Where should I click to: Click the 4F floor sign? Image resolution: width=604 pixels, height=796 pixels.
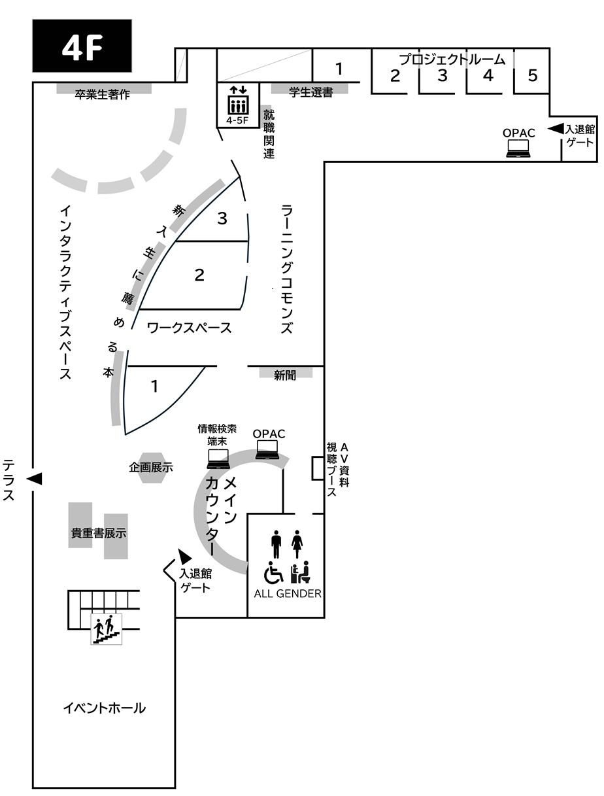[x=82, y=46]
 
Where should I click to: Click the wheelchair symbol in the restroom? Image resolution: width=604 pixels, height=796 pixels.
[x=273, y=572]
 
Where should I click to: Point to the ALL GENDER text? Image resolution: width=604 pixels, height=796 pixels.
[x=288, y=594]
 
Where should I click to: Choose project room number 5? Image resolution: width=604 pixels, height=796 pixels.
[x=532, y=75]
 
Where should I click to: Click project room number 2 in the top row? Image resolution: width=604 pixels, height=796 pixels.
[x=395, y=75]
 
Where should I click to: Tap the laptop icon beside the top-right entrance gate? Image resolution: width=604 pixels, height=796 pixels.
[x=518, y=148]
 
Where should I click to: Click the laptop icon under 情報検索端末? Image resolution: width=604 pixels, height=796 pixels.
[x=218, y=459]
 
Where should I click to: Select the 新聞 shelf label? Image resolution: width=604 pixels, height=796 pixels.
[x=285, y=375]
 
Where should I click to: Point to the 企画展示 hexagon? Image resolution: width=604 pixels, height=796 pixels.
[x=151, y=468]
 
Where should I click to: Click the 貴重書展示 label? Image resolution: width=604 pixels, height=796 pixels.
[x=99, y=533]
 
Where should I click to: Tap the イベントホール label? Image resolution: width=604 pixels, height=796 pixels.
[x=105, y=708]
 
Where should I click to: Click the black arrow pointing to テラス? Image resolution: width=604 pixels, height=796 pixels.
[x=35, y=479]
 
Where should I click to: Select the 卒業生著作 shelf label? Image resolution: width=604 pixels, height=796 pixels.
[x=103, y=95]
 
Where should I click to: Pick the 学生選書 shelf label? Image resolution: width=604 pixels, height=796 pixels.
[x=311, y=92]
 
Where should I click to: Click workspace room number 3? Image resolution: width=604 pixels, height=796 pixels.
[x=222, y=218]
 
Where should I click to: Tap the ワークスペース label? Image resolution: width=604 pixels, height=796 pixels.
[x=189, y=328]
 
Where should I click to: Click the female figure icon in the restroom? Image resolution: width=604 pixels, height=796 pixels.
[x=297, y=544]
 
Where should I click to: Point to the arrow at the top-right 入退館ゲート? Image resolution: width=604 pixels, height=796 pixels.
[x=555, y=128]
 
